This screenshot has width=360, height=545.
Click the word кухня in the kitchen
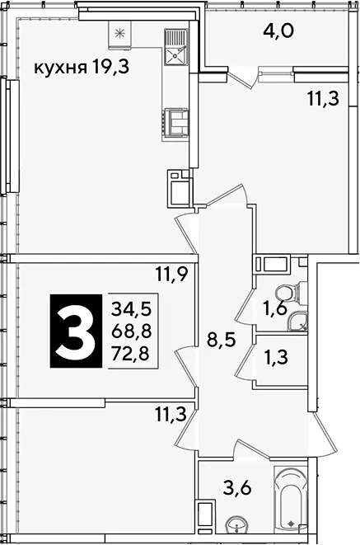[60, 68]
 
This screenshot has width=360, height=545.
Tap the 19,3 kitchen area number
[110, 67]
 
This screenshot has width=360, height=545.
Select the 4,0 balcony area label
[278, 31]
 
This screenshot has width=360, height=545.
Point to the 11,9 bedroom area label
[171, 275]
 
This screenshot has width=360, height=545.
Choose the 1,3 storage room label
[275, 357]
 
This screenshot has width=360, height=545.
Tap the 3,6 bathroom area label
[238, 488]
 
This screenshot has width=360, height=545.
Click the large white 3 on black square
[76, 331]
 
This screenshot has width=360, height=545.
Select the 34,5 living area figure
[132, 308]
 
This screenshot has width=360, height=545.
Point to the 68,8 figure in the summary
[132, 331]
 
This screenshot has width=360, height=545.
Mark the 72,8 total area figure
[131, 354]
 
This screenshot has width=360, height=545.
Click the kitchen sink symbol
[175, 48]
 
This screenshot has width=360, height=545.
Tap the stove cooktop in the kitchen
[175, 121]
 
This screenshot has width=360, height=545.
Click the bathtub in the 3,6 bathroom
[291, 497]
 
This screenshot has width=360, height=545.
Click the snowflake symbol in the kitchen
[119, 34]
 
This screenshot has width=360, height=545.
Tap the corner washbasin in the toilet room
[298, 322]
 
